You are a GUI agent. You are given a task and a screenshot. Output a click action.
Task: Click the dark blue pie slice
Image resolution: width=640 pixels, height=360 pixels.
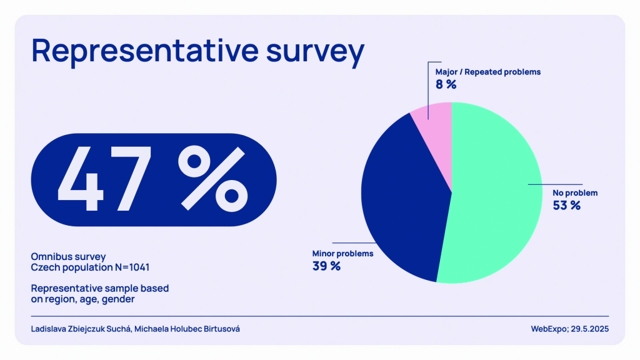[400, 200]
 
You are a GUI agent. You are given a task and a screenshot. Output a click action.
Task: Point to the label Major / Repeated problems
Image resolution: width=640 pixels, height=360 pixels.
[487, 72]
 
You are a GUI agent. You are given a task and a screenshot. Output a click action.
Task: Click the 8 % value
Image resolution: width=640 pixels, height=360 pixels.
[446, 84]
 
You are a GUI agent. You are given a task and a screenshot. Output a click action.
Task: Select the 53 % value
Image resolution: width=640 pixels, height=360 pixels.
[566, 205]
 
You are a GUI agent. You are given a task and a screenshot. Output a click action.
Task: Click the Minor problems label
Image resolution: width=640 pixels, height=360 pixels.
[342, 254]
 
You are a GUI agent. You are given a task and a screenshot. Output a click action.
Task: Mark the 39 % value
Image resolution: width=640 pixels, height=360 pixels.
[326, 266]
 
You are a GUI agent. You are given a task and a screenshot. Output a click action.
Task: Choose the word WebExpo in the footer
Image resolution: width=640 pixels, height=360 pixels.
[547, 329]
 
